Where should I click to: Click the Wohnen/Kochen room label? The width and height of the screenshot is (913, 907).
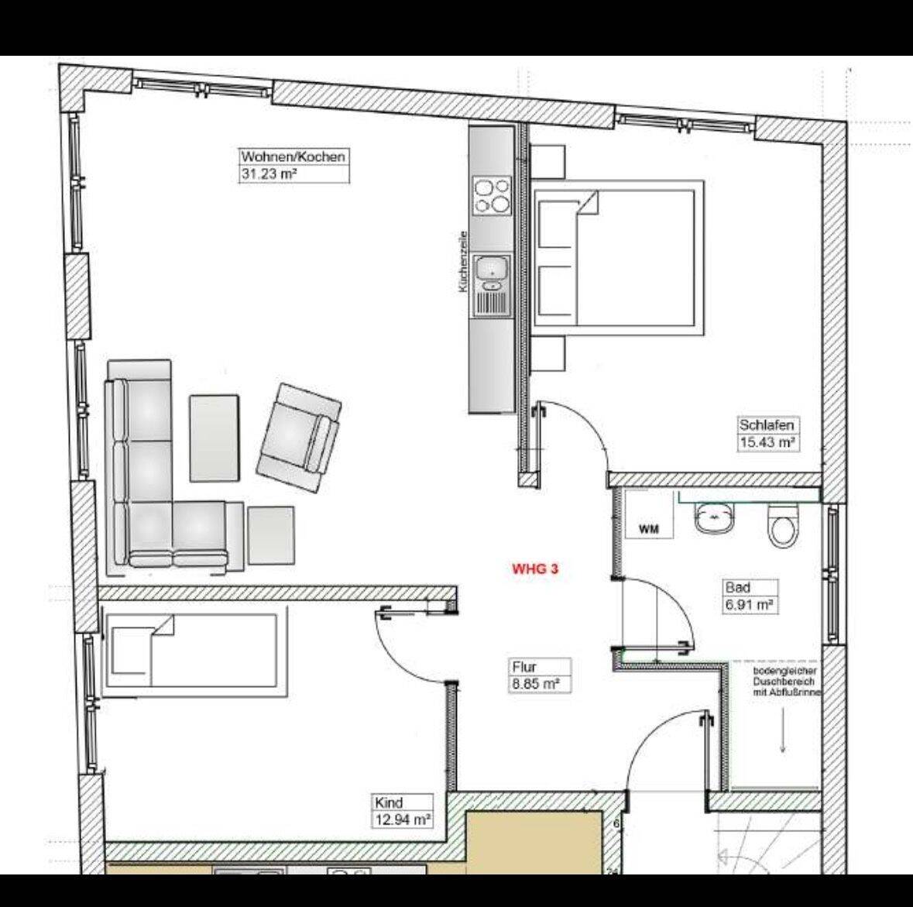coord(293,157)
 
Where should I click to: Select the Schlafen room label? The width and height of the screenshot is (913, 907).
coord(767,424)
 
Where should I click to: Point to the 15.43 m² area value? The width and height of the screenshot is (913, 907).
coord(767,442)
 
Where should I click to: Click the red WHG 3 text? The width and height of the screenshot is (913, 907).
coord(535,569)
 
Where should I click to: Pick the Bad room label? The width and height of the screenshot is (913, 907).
coord(738,587)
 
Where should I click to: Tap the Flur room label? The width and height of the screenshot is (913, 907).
coord(524,666)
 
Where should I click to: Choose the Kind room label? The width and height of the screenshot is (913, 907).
coord(389,802)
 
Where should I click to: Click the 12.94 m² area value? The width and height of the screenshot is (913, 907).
coord(403,819)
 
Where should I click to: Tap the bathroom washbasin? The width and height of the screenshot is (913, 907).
coord(714,516)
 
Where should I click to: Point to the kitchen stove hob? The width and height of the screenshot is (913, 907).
coord(492,196)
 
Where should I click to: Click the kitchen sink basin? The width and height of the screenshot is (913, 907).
coord(492,269)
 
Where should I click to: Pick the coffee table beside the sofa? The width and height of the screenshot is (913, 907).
coord(215,438)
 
